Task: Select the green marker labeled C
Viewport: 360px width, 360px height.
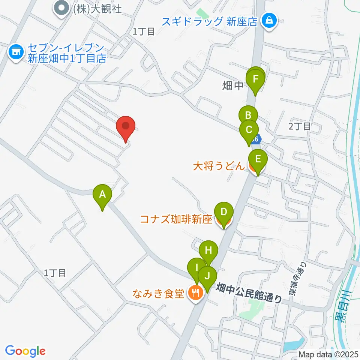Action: tap(249, 130)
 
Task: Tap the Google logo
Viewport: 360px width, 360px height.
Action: tap(25, 351)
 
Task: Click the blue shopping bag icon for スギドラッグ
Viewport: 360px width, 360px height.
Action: tap(269, 21)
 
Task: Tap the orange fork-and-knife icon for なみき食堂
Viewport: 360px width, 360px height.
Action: tap(195, 292)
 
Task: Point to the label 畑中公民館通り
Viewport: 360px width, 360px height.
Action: tap(249, 292)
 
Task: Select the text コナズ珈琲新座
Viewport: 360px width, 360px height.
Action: tap(176, 219)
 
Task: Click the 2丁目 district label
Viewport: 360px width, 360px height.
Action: tap(300, 126)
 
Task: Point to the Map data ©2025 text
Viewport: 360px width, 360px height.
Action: tap(328, 354)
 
